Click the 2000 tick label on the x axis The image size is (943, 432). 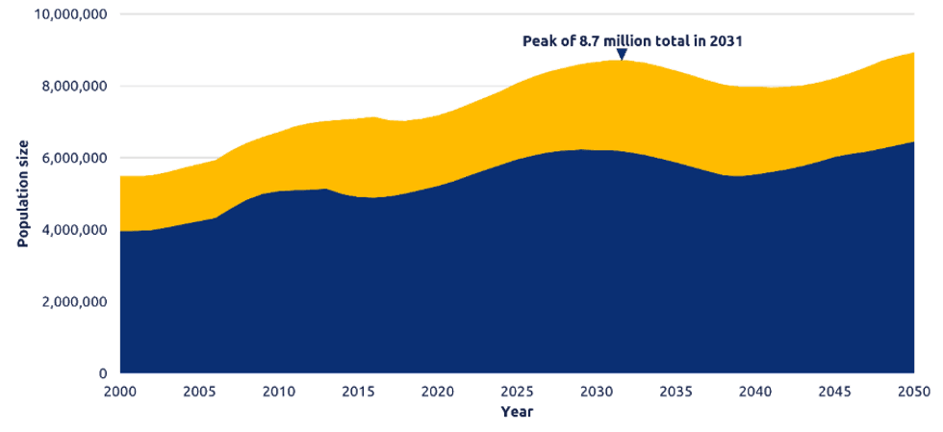[119, 392]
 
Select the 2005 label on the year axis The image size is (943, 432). [198, 392]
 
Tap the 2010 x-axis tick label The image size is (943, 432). [278, 392]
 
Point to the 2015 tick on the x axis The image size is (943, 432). [357, 392]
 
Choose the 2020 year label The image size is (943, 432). [437, 392]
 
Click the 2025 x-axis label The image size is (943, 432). [517, 392]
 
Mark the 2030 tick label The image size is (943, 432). [596, 392]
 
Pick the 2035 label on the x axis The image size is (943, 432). [675, 392]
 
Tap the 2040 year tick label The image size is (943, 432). [754, 392]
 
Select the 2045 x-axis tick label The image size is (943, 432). [834, 392]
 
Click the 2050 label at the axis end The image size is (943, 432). [913, 392]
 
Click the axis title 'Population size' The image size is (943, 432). [22, 192]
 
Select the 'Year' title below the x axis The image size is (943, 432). [516, 412]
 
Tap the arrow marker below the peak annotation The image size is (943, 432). [622, 54]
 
